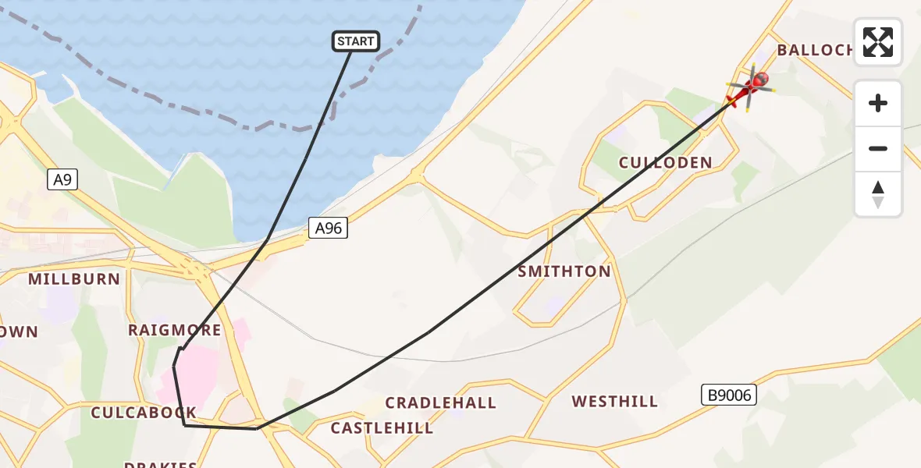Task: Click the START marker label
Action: pos(357,41)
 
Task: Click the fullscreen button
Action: pos(878,42)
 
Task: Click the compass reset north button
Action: pos(878,194)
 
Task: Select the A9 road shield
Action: pos(62,180)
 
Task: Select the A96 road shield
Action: pos(328,228)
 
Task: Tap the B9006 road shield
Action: pos(730,395)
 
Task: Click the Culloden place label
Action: pos(665,163)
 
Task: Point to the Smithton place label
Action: pos(564,271)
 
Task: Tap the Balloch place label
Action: pos(815,50)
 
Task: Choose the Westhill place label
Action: pos(614,402)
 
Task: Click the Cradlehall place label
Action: pos(441,402)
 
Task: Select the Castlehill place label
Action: pos(382,427)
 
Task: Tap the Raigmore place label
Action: pos(175,330)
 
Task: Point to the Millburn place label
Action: pos(74,278)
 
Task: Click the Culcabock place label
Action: pos(144,413)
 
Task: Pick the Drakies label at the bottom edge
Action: pos(161,463)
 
